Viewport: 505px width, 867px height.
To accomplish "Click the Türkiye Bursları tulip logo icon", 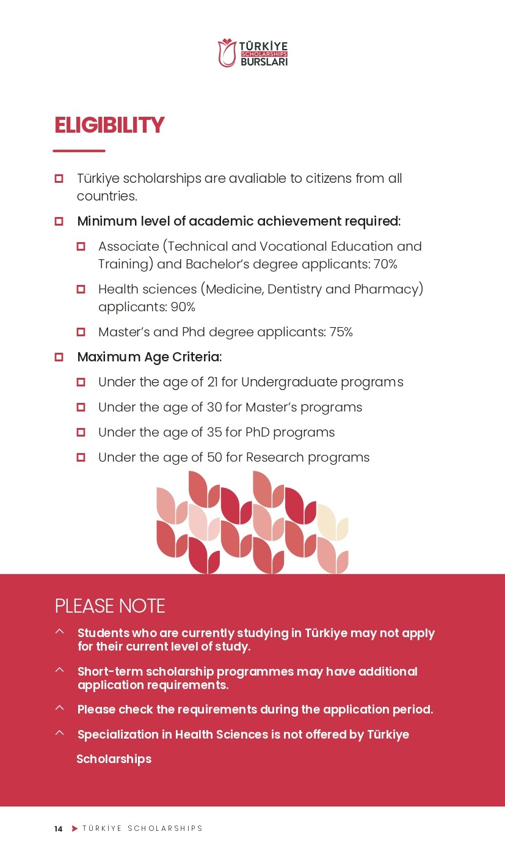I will [x=227, y=53].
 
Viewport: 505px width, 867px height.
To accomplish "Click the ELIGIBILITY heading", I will [x=109, y=125].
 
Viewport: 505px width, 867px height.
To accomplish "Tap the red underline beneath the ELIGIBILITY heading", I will [x=79, y=150].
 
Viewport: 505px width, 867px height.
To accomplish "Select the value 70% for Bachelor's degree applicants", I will [x=385, y=264].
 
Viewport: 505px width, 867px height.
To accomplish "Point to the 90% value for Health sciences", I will [x=183, y=307].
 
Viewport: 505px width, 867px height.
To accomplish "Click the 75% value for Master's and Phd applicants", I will [x=341, y=332].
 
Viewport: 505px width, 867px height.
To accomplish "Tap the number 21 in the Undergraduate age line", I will [x=213, y=382].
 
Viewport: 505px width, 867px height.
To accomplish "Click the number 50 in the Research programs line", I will [x=214, y=457].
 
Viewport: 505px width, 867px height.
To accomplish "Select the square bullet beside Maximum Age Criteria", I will [x=59, y=357].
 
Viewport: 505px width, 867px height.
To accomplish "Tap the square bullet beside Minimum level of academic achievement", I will [x=59, y=221].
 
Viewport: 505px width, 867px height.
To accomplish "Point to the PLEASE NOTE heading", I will [x=110, y=606].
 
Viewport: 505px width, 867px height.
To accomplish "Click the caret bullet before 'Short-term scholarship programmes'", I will [x=59, y=670].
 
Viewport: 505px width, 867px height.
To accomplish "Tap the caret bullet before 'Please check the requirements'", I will [x=59, y=708].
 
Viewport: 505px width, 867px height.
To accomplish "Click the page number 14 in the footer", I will [x=58, y=829].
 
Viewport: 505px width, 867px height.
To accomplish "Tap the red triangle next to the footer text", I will [x=75, y=828].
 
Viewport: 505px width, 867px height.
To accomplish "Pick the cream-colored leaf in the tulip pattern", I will [x=332, y=523].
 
